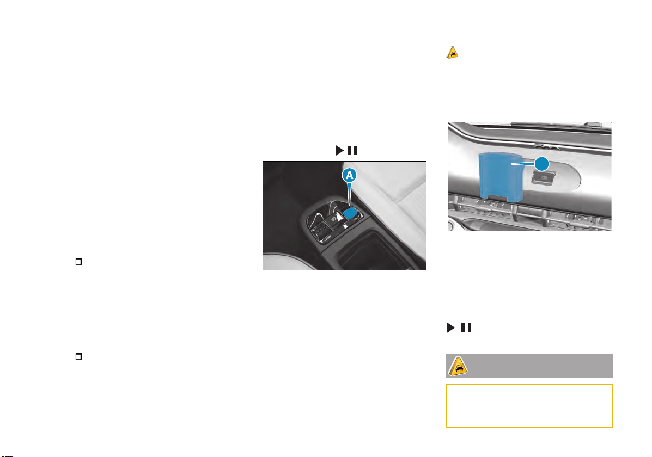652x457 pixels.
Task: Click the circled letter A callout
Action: pyautogui.click(x=349, y=175)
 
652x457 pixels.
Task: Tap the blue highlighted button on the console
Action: pyautogui.click(x=350, y=213)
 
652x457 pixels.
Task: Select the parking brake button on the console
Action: pyautogui.click(x=333, y=218)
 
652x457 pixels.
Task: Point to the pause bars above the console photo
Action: pyautogui.click(x=352, y=150)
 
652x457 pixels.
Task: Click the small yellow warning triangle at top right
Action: pyautogui.click(x=453, y=53)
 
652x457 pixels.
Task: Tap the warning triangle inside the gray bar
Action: pyautogui.click(x=458, y=367)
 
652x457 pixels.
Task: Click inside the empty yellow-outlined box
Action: pyautogui.click(x=529, y=405)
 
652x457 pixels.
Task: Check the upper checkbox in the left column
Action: pyautogui.click(x=78, y=261)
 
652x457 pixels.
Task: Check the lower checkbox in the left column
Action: pyautogui.click(x=78, y=356)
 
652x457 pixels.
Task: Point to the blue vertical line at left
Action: pyautogui.click(x=56, y=67)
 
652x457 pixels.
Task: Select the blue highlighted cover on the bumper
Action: pyautogui.click(x=500, y=177)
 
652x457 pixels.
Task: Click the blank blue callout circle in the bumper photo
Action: pyautogui.click(x=541, y=164)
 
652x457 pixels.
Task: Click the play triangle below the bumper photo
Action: pyautogui.click(x=451, y=328)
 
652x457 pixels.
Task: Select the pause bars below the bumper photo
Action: pyautogui.click(x=466, y=328)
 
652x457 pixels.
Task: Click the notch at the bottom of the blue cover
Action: pyautogui.click(x=497, y=197)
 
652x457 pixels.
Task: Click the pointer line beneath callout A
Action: pyautogui.click(x=349, y=194)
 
